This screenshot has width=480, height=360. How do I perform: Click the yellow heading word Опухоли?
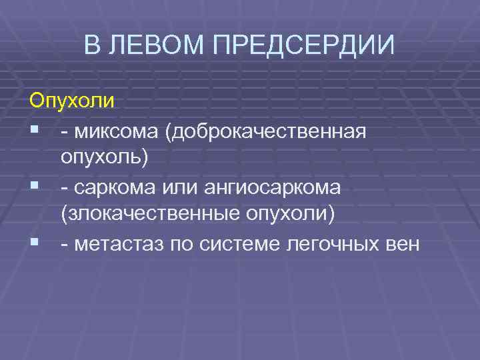point(71,103)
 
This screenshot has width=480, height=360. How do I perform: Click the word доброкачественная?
point(267,131)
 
